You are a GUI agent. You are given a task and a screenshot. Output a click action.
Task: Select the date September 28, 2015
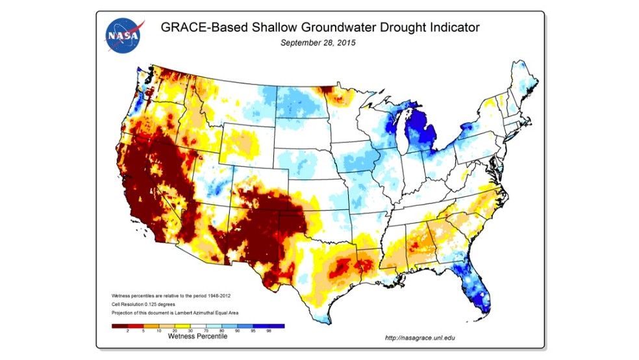coord(318,44)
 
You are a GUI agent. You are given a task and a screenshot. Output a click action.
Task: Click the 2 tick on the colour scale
coord(127,331)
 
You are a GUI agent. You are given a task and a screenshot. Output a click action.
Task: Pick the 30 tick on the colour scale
coord(190,331)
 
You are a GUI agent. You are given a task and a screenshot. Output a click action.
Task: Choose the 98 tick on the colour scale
coord(269,331)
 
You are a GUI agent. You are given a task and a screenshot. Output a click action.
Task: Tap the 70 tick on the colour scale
coord(207,331)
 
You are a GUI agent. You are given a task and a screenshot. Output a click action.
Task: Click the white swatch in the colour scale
coord(198,326)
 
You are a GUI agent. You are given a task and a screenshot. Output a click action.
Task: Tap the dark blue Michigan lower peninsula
coord(421,134)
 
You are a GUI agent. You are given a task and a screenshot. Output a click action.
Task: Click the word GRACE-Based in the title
coord(197,28)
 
